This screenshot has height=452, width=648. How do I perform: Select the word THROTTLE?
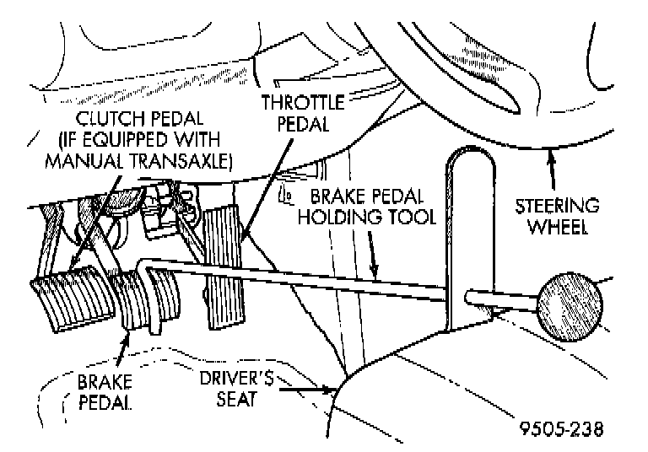(x=303, y=104)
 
